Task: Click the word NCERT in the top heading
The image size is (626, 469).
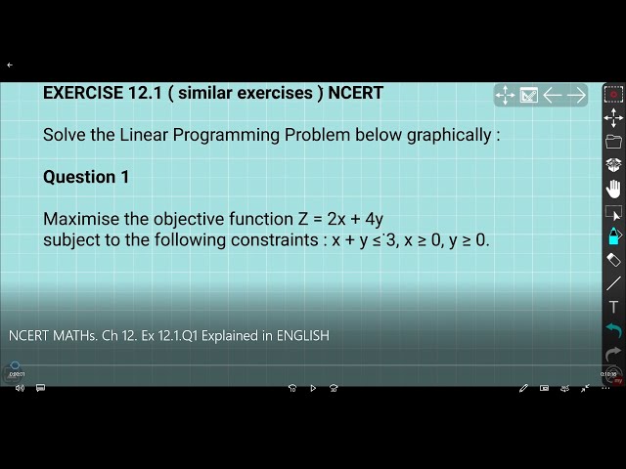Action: [x=355, y=94]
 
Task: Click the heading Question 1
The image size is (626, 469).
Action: [x=86, y=177]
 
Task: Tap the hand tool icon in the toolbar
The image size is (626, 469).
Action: [x=613, y=188]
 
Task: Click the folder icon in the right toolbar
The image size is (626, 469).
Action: [x=613, y=142]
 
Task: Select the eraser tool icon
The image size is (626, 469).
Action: [x=613, y=260]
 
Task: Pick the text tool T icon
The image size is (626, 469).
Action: [x=613, y=307]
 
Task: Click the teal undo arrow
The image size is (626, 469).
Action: [x=613, y=330]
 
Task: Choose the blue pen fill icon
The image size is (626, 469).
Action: [x=613, y=235]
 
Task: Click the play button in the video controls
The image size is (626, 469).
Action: [x=313, y=388]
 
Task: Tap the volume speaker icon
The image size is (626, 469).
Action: [x=20, y=388]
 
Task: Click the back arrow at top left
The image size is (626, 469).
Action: [x=10, y=65]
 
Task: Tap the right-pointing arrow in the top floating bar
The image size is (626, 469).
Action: [x=577, y=95]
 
